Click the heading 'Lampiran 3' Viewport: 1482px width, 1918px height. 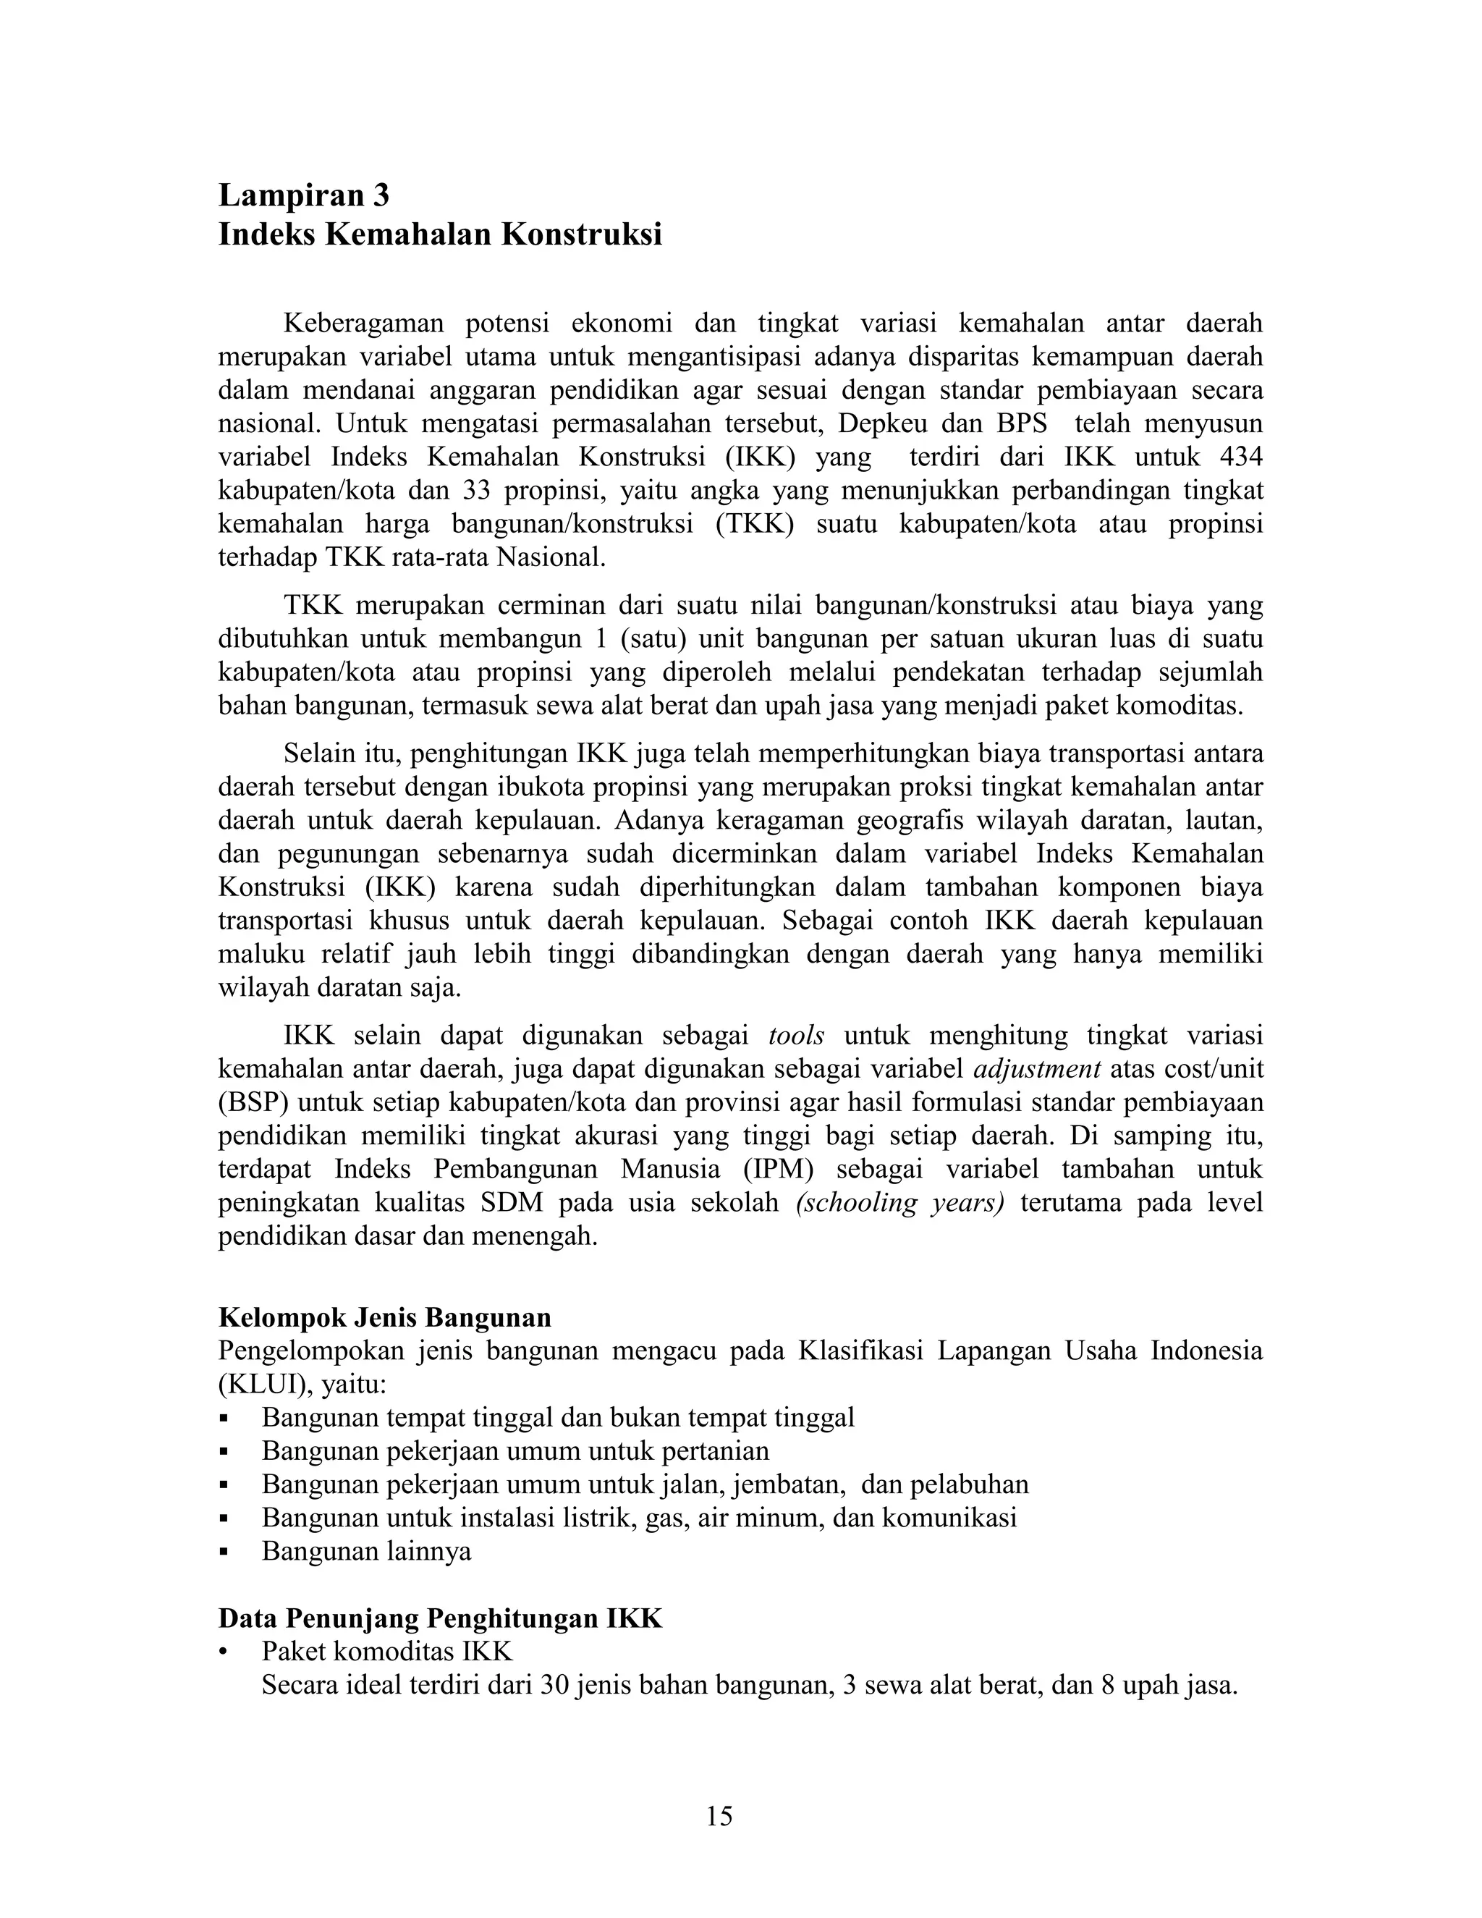click(x=303, y=194)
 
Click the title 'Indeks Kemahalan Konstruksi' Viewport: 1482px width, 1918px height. click(x=440, y=235)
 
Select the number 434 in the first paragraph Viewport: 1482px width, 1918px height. click(x=1240, y=457)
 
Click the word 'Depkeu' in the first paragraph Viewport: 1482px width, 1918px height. click(x=880, y=423)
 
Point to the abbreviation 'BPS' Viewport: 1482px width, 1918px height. click(x=1021, y=423)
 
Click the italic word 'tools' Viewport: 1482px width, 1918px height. click(x=795, y=1036)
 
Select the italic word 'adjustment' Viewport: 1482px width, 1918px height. click(x=1037, y=1069)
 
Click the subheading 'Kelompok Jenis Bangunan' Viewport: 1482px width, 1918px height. click(x=384, y=1317)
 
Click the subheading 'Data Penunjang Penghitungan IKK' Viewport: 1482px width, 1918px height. click(x=440, y=1618)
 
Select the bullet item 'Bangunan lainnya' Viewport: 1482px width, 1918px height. click(x=366, y=1551)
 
